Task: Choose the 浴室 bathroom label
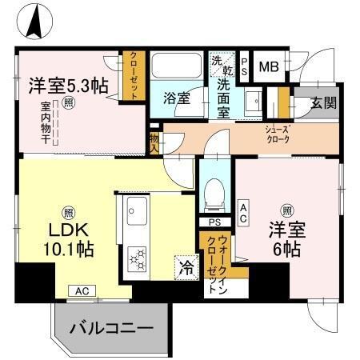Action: (x=177, y=98)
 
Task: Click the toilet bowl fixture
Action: (x=214, y=190)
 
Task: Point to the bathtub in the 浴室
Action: (x=178, y=68)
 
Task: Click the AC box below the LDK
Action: (x=81, y=291)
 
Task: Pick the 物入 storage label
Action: (x=154, y=142)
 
